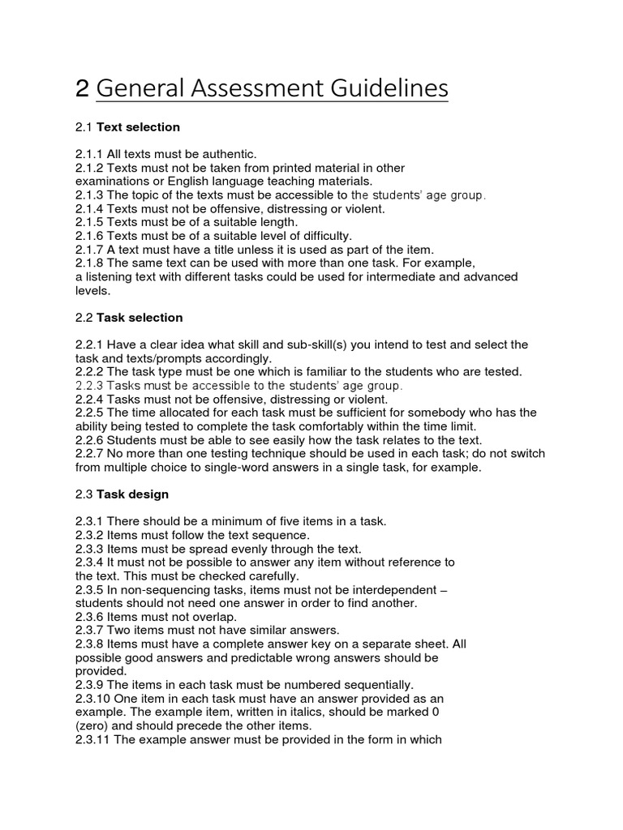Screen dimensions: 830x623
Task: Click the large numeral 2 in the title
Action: [81, 88]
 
